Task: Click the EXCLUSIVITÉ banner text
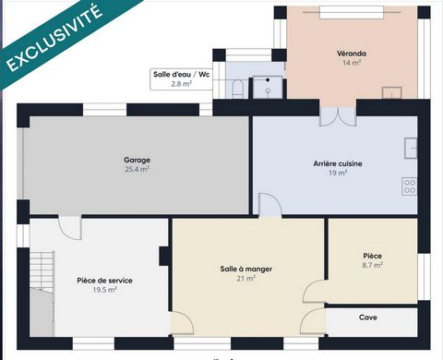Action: pyautogui.click(x=54, y=38)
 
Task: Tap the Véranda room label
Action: pyautogui.click(x=352, y=54)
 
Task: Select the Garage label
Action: pyautogui.click(x=137, y=160)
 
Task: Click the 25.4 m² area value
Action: pyautogui.click(x=137, y=169)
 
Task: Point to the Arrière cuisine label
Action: pyautogui.click(x=338, y=163)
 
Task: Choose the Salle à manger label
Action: pyautogui.click(x=246, y=269)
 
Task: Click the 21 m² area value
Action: pyautogui.click(x=246, y=279)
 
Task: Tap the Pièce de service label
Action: pyautogui.click(x=104, y=281)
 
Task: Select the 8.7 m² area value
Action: pyautogui.click(x=372, y=265)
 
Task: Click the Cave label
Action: pyautogui.click(x=367, y=318)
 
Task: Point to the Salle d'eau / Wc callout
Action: pyautogui.click(x=181, y=79)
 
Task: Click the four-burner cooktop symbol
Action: pyautogui.click(x=410, y=186)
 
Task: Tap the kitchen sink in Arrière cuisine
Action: pyautogui.click(x=411, y=148)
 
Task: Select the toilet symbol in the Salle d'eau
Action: pyautogui.click(x=237, y=89)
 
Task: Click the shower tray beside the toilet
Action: pyautogui.click(x=268, y=87)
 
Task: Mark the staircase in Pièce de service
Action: pyautogui.click(x=42, y=294)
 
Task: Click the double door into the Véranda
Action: pyautogui.click(x=338, y=116)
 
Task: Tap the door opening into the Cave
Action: pyautogui.click(x=313, y=321)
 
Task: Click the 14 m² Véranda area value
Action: pyautogui.click(x=352, y=63)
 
